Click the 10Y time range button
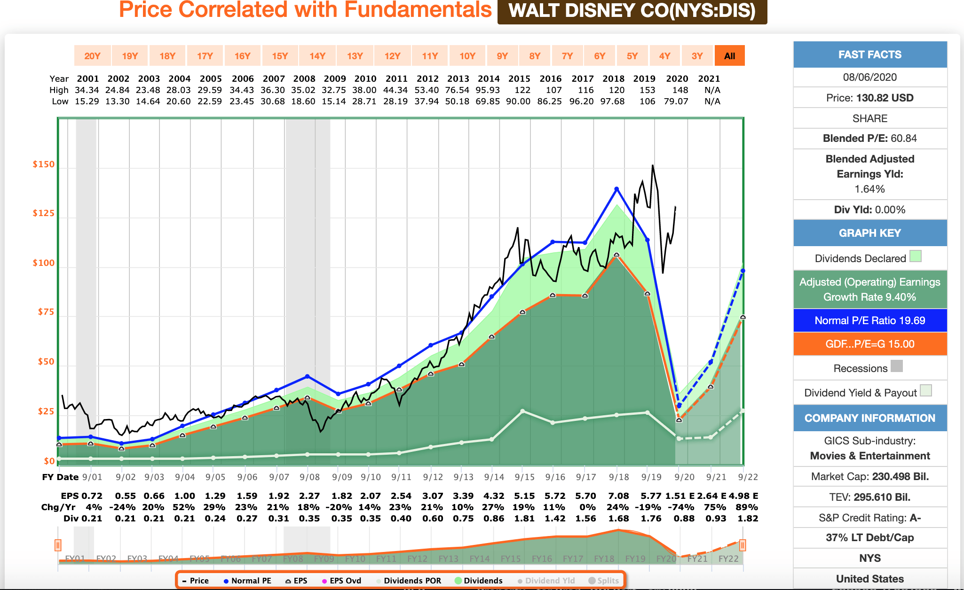point(467,56)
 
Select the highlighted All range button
point(729,56)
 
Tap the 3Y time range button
point(697,56)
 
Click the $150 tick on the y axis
point(43,164)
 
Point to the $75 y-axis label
point(46,312)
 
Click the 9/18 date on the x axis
point(619,477)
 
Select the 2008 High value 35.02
point(304,90)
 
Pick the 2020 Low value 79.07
point(676,101)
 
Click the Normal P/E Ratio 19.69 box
point(869,320)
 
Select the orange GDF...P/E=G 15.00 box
point(869,344)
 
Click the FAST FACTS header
point(869,54)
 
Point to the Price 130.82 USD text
point(869,98)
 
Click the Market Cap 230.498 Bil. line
point(869,476)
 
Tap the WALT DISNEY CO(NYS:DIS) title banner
point(632,11)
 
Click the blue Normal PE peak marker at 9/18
point(616,189)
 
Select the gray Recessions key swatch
point(897,366)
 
